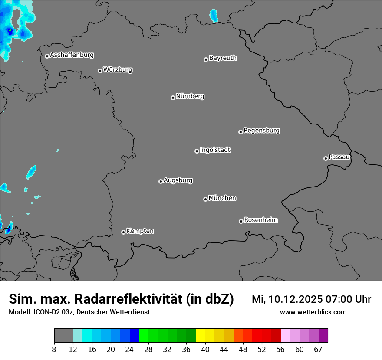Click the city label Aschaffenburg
(72, 55)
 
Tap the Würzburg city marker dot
(100, 71)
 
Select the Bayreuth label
(223, 58)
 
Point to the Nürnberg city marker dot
(173, 98)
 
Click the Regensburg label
(261, 130)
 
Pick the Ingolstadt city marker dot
(197, 151)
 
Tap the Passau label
(339, 157)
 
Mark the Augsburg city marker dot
(161, 181)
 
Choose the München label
(222, 198)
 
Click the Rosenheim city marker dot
(241, 222)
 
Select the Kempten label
(140, 231)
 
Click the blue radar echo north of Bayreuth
(214, 16)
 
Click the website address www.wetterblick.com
(313, 312)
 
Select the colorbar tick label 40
(205, 350)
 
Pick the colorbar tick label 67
(318, 350)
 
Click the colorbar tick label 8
(54, 350)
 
